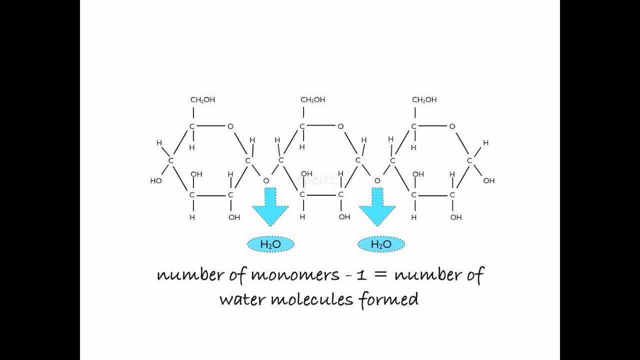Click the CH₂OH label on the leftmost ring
(x=202, y=100)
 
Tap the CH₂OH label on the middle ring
(x=312, y=100)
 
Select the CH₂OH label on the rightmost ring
(x=424, y=100)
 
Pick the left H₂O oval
(x=270, y=244)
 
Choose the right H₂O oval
(x=381, y=244)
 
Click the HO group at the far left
(x=156, y=180)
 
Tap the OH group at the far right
(x=488, y=180)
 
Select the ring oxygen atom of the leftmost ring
(x=230, y=126)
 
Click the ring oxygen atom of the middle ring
(x=340, y=126)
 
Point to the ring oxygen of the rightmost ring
(x=452, y=126)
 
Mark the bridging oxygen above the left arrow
(x=266, y=180)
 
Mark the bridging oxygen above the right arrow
(x=377, y=180)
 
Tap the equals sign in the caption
(x=383, y=275)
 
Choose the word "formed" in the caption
(x=388, y=299)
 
